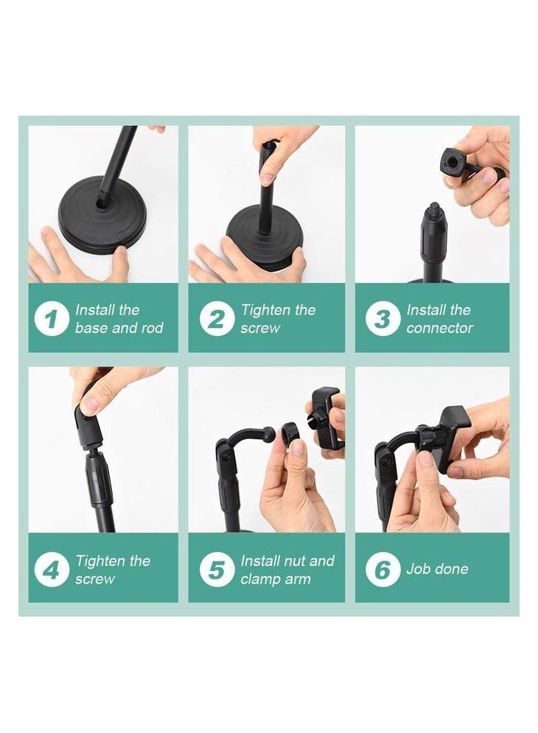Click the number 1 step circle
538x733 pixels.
click(x=52, y=319)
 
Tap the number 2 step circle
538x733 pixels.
click(x=217, y=319)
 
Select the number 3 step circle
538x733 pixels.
click(x=382, y=319)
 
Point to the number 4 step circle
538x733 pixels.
click(x=52, y=569)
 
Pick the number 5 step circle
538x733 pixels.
click(x=217, y=569)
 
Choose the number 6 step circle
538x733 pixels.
click(x=382, y=569)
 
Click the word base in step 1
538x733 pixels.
click(x=91, y=328)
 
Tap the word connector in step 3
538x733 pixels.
click(x=439, y=328)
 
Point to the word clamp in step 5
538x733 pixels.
click(x=260, y=579)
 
